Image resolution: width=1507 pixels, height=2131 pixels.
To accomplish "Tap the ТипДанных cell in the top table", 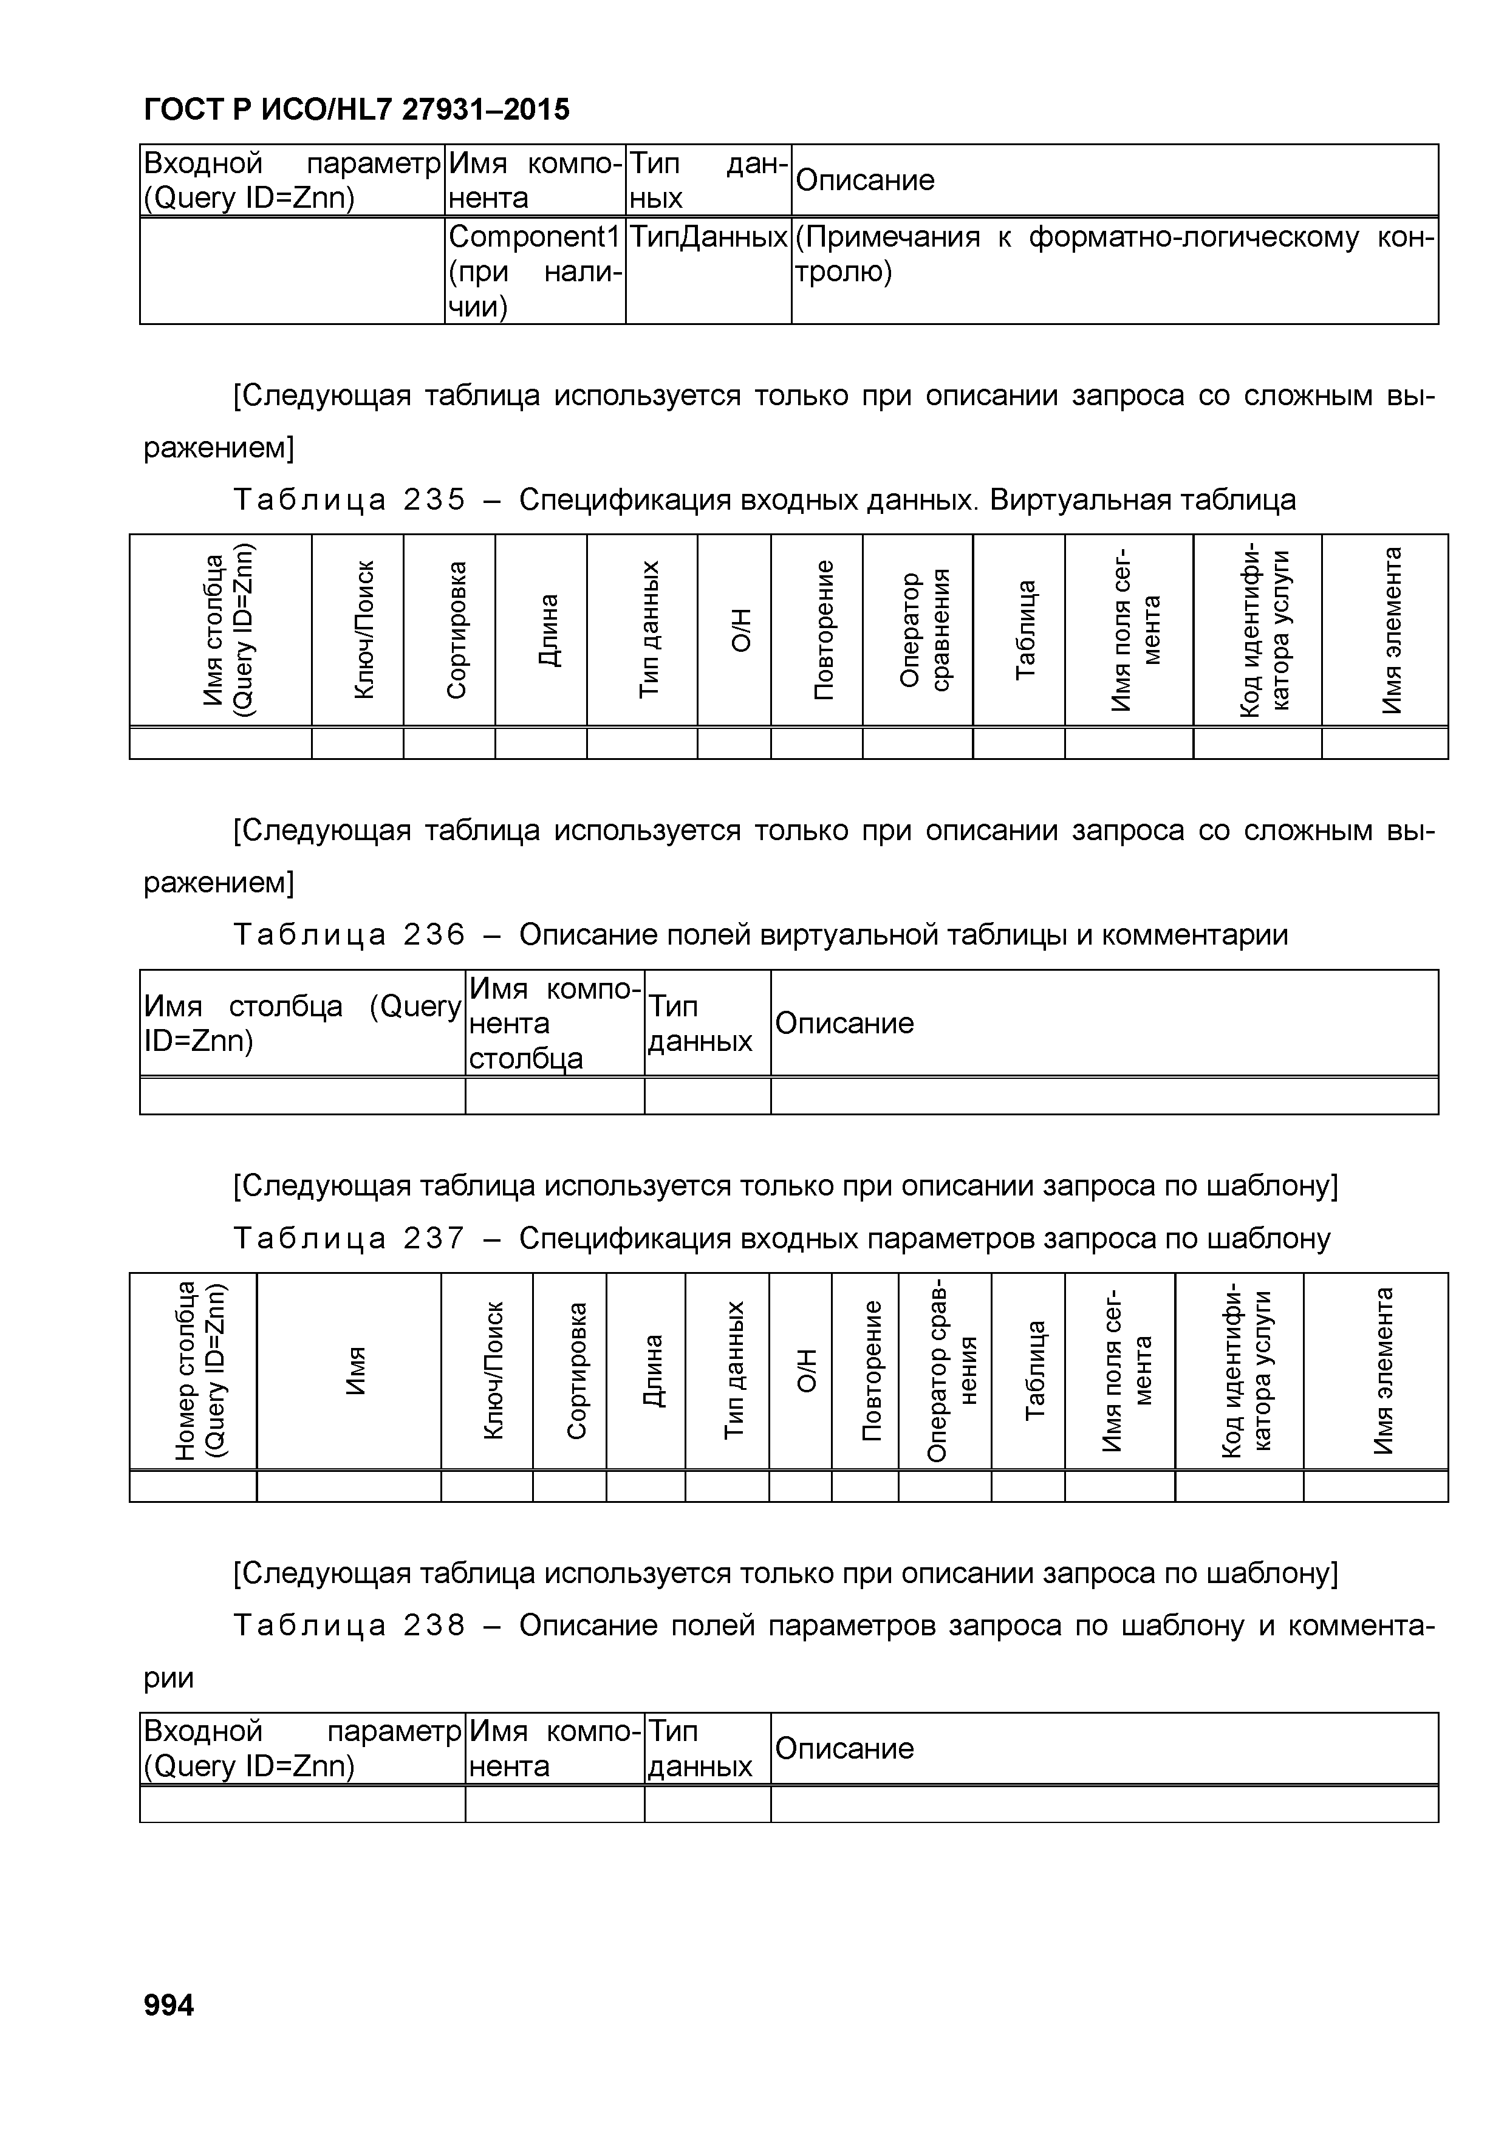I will click(708, 238).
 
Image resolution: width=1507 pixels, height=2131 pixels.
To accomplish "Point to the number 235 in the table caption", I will click(434, 501).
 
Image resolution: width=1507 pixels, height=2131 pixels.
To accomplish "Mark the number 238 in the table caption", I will click(434, 1625).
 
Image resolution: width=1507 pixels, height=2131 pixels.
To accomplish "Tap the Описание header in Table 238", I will click(844, 1749).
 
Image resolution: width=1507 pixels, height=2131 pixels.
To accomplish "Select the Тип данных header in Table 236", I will click(700, 1024).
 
